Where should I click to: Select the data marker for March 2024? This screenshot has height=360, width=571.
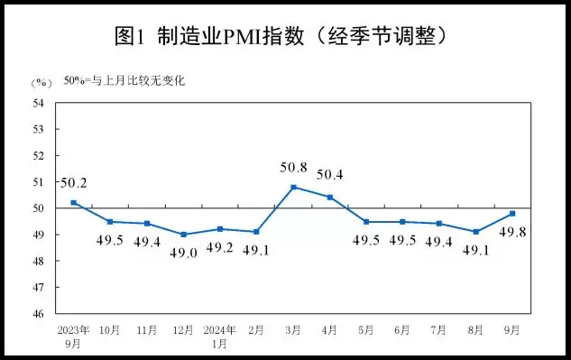[293, 187]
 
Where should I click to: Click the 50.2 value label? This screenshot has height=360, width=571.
[75, 183]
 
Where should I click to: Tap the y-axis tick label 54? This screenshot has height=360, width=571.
[40, 103]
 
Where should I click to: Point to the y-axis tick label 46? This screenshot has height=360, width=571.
[40, 314]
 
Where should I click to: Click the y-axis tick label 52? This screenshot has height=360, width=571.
[40, 156]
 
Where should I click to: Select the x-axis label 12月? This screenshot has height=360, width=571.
[183, 330]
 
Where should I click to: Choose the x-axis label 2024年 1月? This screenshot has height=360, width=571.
[220, 335]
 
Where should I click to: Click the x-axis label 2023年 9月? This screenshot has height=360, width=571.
[73, 335]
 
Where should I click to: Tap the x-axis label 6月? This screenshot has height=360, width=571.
[401, 330]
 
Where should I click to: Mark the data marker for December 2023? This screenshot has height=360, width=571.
[183, 235]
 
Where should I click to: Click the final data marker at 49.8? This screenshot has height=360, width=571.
[511, 213]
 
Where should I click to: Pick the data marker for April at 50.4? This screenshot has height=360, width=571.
[329, 197]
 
